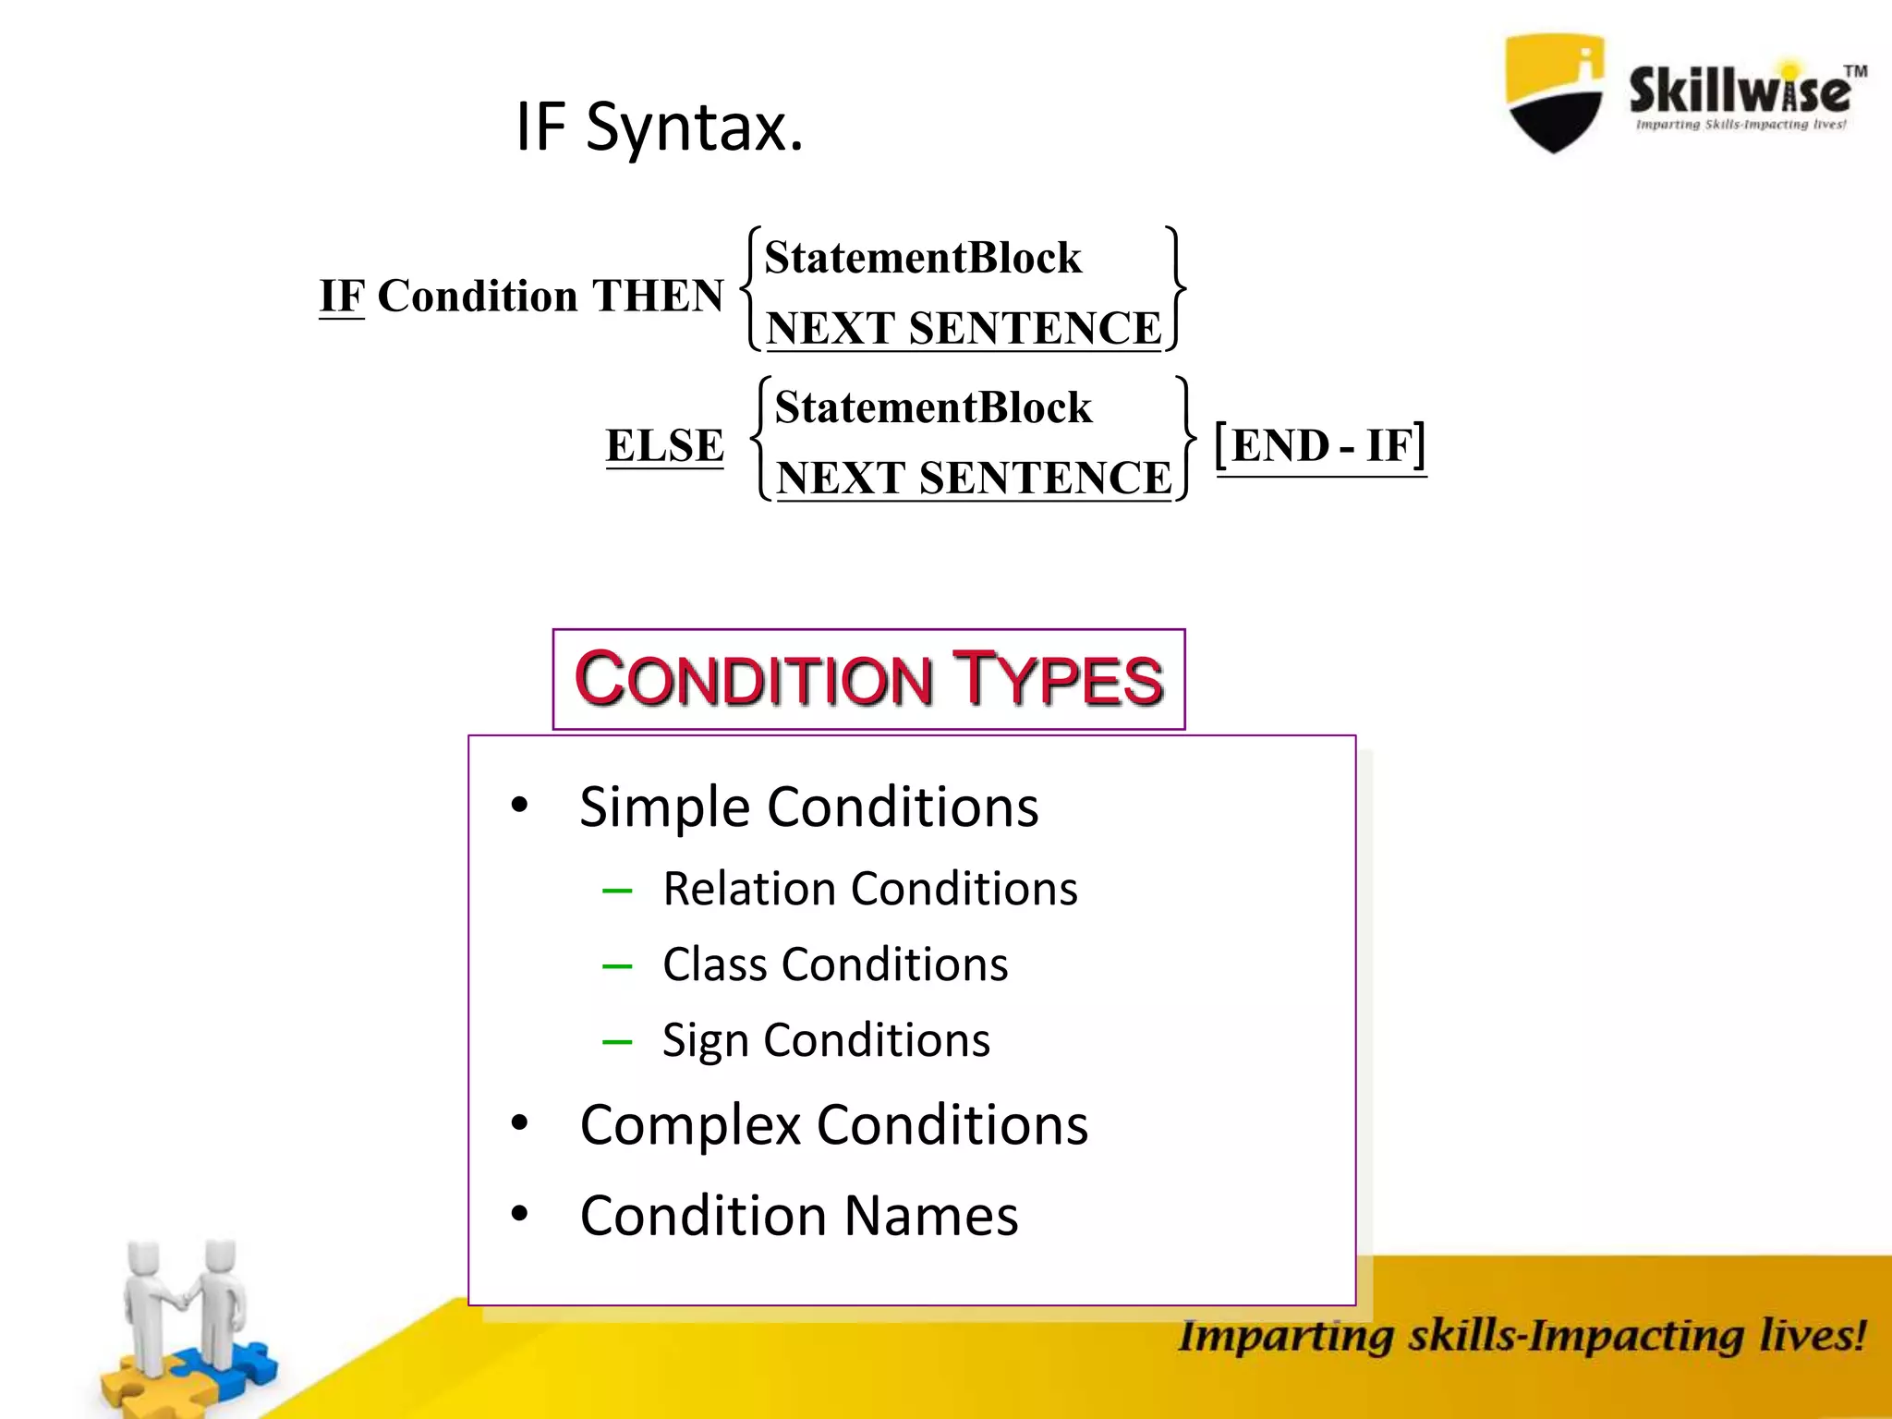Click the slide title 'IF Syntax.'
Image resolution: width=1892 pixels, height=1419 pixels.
tap(659, 127)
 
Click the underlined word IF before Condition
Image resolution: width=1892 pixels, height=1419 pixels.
tap(342, 296)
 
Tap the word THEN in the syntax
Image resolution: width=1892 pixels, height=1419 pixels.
tap(657, 296)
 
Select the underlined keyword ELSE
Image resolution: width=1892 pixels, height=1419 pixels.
tap(664, 445)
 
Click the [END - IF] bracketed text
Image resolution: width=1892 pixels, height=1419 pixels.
tap(1320, 445)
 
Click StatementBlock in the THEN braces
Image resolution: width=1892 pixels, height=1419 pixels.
tap(922, 258)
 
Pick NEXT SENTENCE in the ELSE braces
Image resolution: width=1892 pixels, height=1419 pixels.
tap(974, 479)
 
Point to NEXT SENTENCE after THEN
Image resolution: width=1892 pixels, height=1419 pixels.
tap(964, 329)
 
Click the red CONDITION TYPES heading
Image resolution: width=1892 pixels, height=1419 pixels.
tap(868, 679)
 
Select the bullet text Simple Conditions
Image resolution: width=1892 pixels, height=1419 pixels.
tap(808, 807)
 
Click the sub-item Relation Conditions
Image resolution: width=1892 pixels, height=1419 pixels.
tap(869, 889)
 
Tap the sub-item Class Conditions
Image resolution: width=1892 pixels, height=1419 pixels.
tap(834, 964)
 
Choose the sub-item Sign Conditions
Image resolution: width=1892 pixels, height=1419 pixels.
tap(825, 1040)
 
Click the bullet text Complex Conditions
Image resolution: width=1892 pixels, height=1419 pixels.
tap(833, 1125)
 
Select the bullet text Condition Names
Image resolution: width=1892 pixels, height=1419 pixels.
tap(798, 1216)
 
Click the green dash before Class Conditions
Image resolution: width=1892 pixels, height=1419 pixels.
tap(616, 967)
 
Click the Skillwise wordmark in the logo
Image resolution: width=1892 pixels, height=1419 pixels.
tap(1740, 91)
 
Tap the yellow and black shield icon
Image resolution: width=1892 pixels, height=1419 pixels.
tap(1555, 92)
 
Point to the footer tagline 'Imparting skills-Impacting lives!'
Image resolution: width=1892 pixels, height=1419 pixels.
tap(1522, 1336)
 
